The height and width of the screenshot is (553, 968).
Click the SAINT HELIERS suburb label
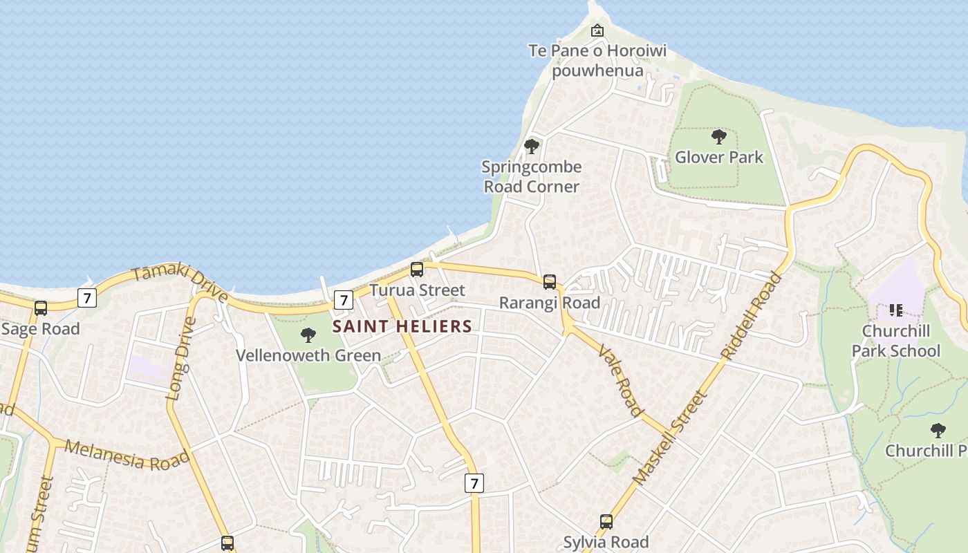[402, 326]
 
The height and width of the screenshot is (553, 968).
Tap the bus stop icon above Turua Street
[417, 270]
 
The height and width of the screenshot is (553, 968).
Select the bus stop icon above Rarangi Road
[550, 282]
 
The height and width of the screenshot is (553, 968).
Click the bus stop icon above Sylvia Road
[606, 522]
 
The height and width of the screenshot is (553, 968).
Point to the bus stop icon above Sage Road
[41, 308]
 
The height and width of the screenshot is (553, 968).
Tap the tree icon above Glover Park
[719, 137]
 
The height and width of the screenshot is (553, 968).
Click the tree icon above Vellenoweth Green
[308, 335]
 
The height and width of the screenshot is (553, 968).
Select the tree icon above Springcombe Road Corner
[531, 147]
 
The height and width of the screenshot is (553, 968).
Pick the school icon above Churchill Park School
[896, 310]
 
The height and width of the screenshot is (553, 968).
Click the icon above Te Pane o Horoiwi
[597, 30]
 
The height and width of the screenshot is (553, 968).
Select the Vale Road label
[620, 380]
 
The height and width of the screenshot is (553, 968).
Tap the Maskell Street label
[670, 437]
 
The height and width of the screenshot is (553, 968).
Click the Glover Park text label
[719, 157]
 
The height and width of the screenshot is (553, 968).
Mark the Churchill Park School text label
[895, 341]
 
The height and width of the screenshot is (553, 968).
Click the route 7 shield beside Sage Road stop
[86, 298]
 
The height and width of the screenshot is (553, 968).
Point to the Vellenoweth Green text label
[308, 355]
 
